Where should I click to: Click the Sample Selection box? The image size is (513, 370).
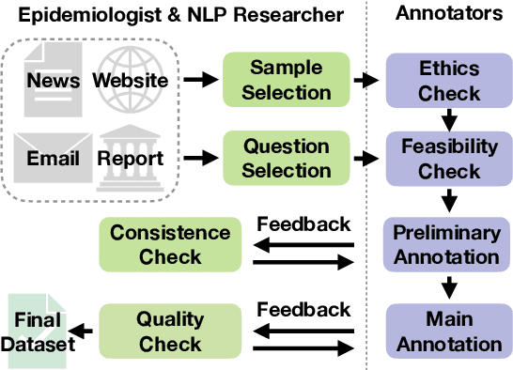pyautogui.click(x=286, y=80)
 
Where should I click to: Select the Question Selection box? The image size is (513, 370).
pyautogui.click(x=286, y=159)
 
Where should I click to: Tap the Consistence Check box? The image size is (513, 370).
pyautogui.click(x=169, y=243)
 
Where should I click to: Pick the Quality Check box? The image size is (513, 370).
pyautogui.click(x=169, y=331)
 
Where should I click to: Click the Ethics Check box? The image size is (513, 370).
pyautogui.click(x=449, y=80)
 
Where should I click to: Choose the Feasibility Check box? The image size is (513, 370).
pyautogui.click(x=449, y=159)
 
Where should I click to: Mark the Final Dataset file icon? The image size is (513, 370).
pyautogui.click(x=38, y=330)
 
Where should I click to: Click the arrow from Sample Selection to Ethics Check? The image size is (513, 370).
pyautogui.click(x=367, y=81)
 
